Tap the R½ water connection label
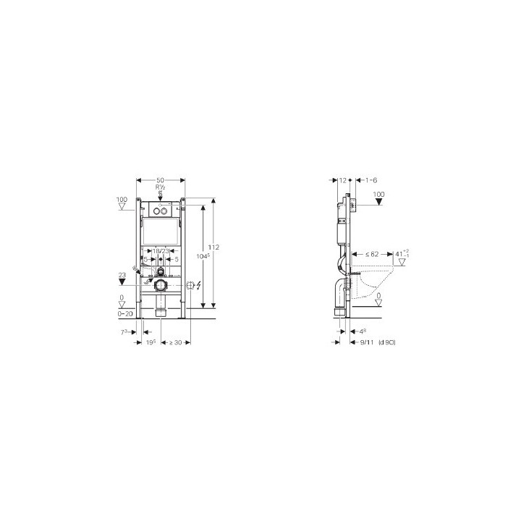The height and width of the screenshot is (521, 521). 160,187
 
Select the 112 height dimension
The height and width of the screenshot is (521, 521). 215,247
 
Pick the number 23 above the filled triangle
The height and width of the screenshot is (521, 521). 121,274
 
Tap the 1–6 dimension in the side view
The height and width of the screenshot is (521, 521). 371,179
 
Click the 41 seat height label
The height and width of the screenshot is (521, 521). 402,254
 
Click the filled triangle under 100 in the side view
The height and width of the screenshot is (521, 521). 378,204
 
